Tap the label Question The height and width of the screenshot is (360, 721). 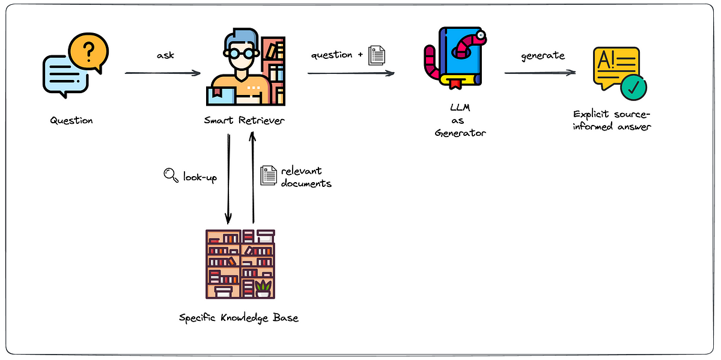pos(71,120)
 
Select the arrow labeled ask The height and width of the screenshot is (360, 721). pos(162,73)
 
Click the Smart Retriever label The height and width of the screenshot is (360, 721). pos(244,120)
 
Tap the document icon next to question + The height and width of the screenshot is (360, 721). pos(376,55)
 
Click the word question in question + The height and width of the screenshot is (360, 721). pos(332,55)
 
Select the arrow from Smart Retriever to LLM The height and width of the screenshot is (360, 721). pos(351,73)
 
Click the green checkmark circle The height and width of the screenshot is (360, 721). pos(633,88)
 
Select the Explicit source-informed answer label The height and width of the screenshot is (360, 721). pos(612,120)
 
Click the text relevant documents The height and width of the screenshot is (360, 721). pos(306,177)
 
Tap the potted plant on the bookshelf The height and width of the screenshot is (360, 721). pos(263,288)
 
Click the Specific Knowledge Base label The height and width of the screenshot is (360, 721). pos(239,317)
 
